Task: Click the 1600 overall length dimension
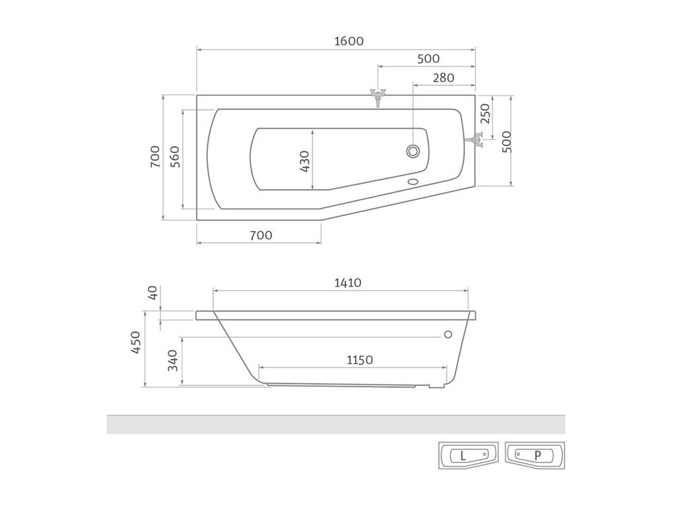tap(349, 42)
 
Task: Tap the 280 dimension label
tap(444, 78)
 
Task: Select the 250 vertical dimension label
tap(485, 114)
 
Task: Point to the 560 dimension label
tap(174, 157)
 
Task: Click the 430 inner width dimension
tap(304, 162)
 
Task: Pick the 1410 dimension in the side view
tap(348, 283)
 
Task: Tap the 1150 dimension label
tap(360, 360)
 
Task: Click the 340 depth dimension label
tap(172, 360)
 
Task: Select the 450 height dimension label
tap(136, 343)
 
